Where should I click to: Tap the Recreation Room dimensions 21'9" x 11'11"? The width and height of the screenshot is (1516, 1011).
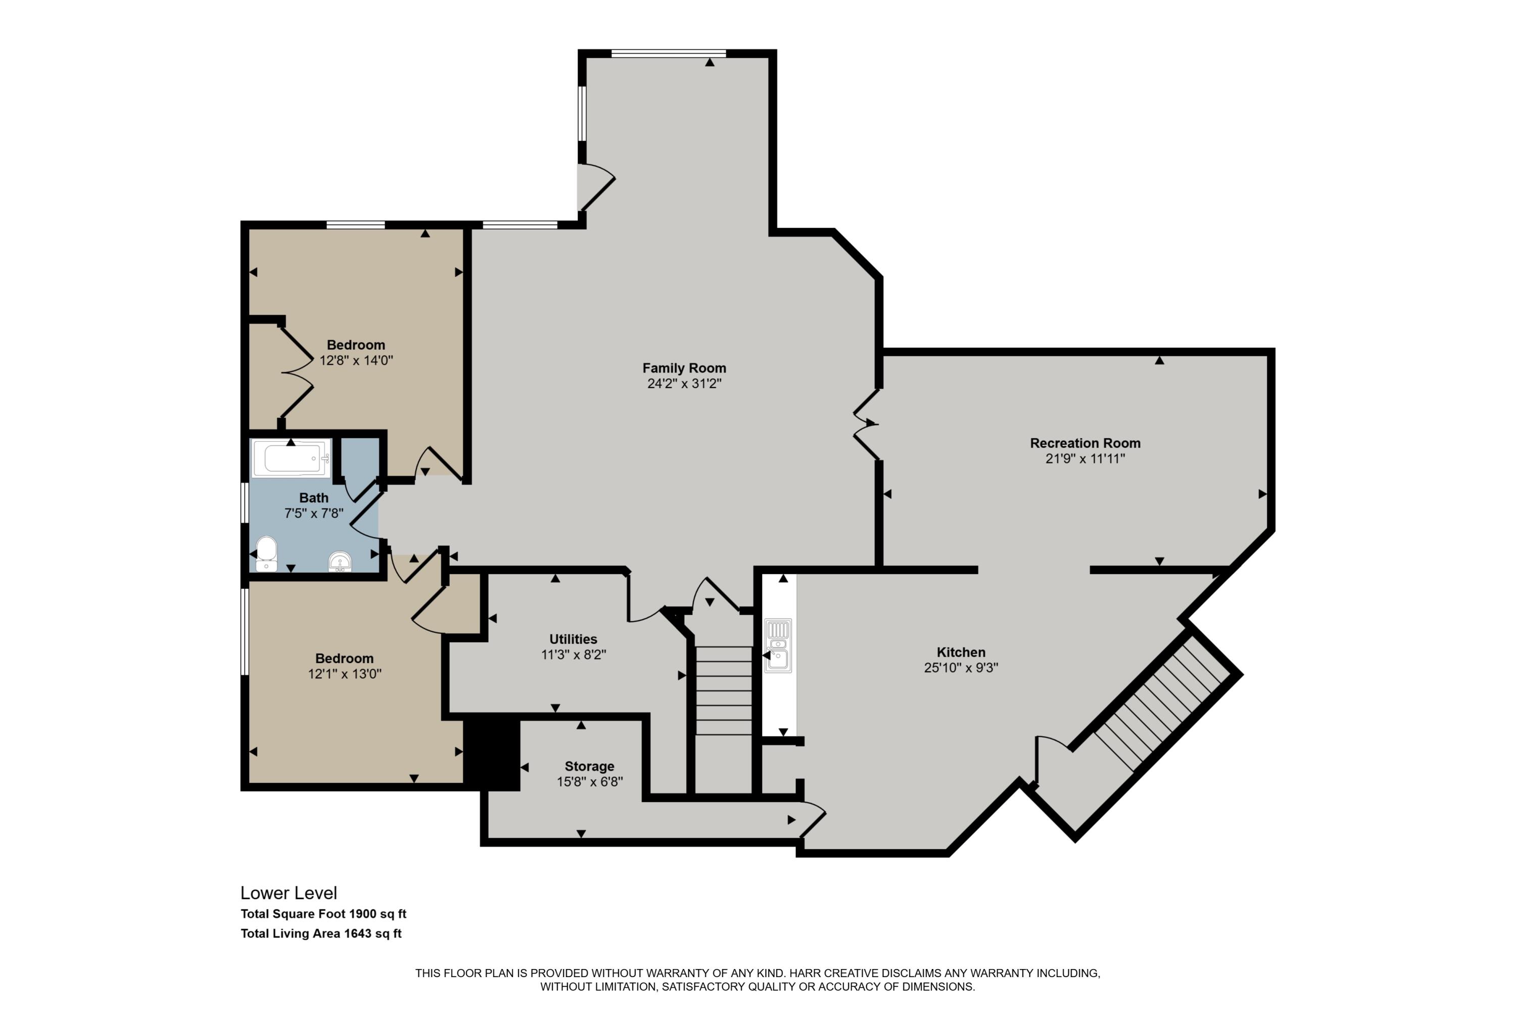[1085, 458]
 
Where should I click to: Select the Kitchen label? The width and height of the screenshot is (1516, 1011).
[961, 652]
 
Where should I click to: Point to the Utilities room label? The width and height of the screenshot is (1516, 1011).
[573, 639]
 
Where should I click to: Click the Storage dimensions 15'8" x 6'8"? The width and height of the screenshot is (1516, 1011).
[590, 782]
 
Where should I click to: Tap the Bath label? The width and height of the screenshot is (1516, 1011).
[314, 498]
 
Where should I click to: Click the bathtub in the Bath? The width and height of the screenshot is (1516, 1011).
[292, 458]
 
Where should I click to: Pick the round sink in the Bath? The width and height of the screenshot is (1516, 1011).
[340, 562]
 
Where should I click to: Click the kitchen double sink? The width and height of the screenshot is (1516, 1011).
[778, 646]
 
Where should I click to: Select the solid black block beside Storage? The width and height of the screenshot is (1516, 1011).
[492, 754]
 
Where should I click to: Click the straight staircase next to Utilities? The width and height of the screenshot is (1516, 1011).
[724, 691]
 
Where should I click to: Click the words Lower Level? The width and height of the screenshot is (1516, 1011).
[289, 893]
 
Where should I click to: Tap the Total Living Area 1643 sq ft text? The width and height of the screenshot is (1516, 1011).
[321, 934]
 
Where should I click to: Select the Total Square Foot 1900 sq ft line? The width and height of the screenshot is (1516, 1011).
[323, 913]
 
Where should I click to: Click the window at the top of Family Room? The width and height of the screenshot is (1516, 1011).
[669, 54]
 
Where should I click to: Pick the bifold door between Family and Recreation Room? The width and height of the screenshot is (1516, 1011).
[866, 424]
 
